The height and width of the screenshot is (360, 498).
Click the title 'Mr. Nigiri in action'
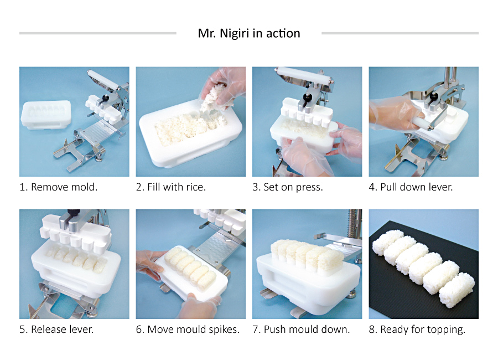[x=249, y=33]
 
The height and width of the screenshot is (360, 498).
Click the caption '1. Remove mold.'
[x=59, y=187]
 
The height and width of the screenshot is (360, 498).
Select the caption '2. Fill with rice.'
[x=171, y=187]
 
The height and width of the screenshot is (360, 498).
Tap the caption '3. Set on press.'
[x=288, y=187]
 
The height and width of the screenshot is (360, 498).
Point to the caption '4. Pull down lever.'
[x=411, y=187]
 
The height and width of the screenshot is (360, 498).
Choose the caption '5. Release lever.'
[x=56, y=330]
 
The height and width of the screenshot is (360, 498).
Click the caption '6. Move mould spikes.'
[x=188, y=330]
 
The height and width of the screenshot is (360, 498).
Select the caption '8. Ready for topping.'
[x=417, y=330]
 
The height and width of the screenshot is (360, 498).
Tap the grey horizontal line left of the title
[x=97, y=33]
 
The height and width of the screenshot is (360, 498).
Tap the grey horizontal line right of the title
[x=400, y=33]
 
